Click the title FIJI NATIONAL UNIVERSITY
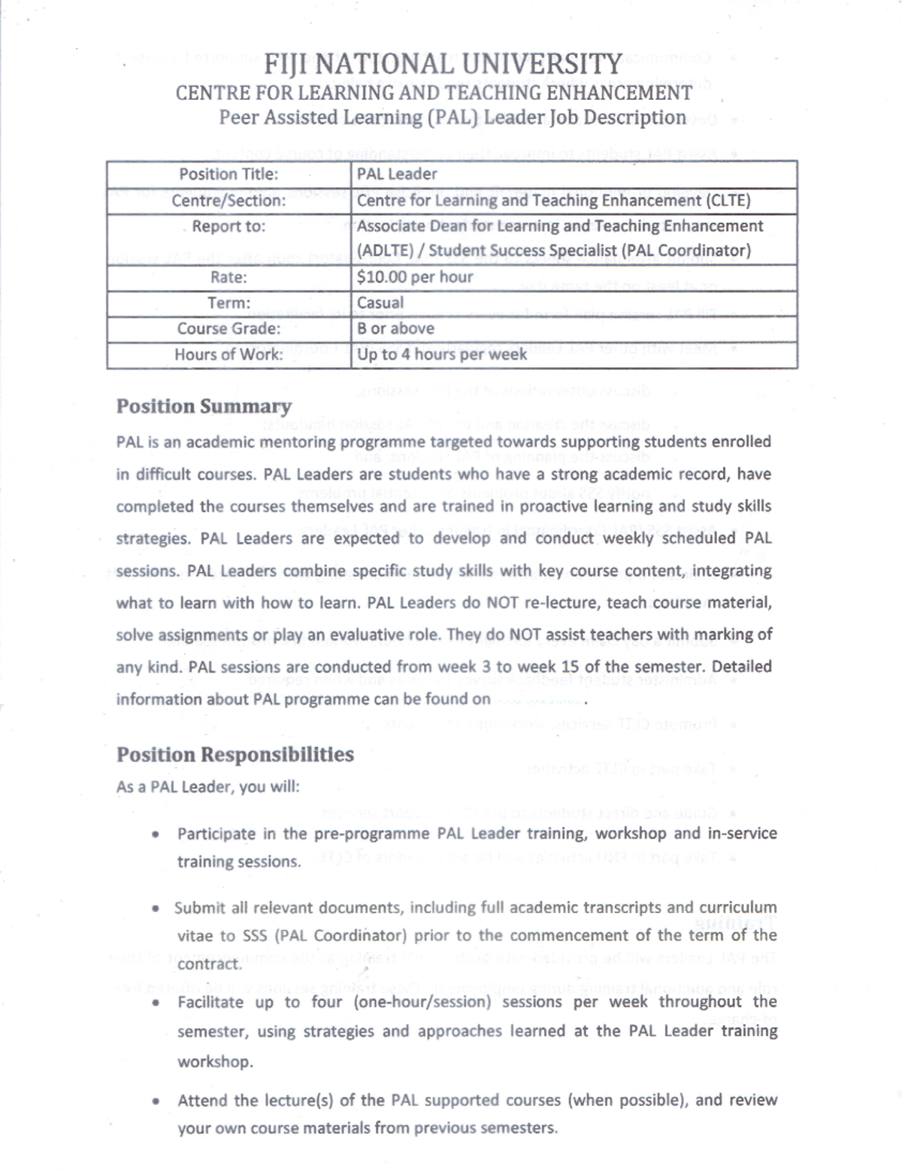(x=443, y=65)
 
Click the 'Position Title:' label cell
(x=229, y=174)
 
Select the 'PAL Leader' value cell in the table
(x=397, y=174)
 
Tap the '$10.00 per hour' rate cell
(x=415, y=277)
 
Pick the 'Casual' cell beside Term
(x=380, y=303)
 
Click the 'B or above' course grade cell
(x=395, y=329)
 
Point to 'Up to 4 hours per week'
(x=442, y=354)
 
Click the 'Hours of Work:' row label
(x=229, y=354)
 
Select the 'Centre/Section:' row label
(x=229, y=201)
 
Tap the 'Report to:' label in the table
(x=229, y=226)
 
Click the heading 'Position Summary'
(x=204, y=407)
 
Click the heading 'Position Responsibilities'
(x=235, y=755)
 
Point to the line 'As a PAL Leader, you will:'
(x=207, y=787)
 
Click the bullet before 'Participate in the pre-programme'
(x=155, y=835)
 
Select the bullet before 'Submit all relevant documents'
(x=155, y=908)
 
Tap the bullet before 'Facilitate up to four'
(x=155, y=1003)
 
